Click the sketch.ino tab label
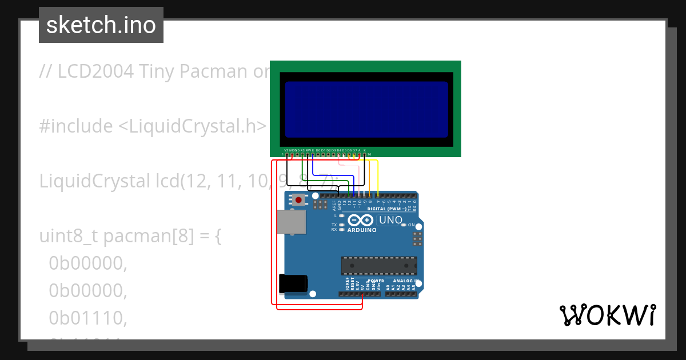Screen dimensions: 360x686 (101, 25)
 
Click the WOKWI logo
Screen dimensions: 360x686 (607, 315)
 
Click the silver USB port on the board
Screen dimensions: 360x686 (291, 222)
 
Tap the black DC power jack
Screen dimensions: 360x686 (292, 284)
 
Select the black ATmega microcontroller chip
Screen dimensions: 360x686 (378, 266)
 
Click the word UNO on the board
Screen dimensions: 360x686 (391, 220)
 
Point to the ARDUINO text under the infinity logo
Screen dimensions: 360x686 (362, 230)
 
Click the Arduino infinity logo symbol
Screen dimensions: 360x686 (361, 220)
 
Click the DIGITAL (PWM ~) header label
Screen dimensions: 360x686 (387, 209)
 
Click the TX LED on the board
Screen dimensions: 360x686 (341, 225)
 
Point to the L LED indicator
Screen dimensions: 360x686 (341, 216)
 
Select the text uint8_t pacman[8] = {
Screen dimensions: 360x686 (130, 236)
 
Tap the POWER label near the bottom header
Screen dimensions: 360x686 (376, 281)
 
